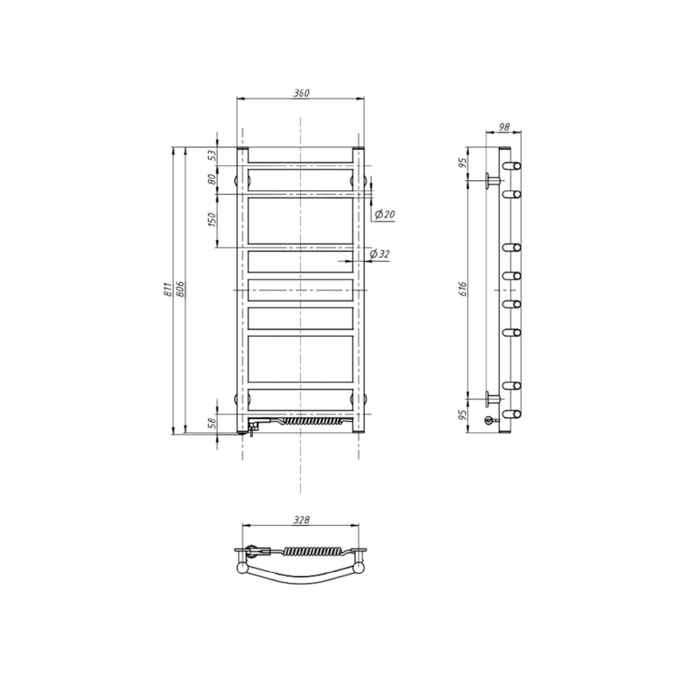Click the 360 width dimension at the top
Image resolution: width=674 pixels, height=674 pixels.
(300, 93)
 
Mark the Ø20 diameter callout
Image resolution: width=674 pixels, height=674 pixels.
(384, 215)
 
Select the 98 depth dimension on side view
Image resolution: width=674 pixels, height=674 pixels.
(505, 126)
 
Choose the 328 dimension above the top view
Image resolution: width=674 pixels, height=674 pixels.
(302, 521)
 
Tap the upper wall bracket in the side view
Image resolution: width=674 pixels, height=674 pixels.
(490, 179)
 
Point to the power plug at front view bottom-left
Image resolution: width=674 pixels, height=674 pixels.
(250, 430)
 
